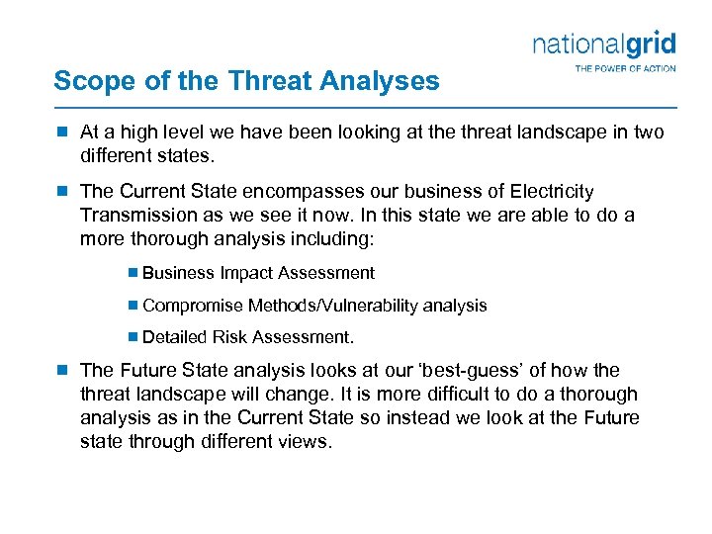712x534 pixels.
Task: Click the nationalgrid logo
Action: click(604, 44)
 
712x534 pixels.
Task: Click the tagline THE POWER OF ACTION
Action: click(625, 68)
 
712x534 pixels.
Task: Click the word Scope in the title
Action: click(87, 81)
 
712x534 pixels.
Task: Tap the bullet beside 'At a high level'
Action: click(61, 132)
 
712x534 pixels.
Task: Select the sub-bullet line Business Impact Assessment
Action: click(258, 273)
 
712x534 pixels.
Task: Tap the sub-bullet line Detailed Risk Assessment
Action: click(248, 337)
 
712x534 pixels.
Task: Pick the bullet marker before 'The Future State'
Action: click(61, 370)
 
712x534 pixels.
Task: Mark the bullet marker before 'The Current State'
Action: click(61, 191)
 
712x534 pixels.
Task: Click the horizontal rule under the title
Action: click(365, 106)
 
